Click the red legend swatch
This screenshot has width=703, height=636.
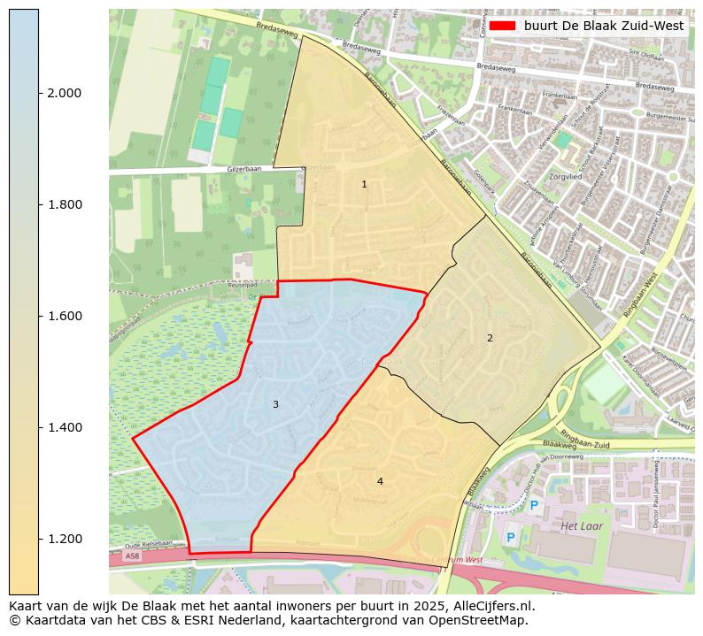point(501,26)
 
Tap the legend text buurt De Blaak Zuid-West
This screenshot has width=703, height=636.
point(603,26)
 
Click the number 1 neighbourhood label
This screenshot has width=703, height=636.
point(364,184)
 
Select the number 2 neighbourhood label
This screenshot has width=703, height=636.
point(490,338)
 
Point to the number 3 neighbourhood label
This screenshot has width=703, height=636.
point(275,404)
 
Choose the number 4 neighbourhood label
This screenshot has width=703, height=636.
point(380,481)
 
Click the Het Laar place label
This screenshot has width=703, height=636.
point(581,526)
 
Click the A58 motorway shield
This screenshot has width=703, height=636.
point(132,556)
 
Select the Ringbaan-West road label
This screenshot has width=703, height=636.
point(640,303)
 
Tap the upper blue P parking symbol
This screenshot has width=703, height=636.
point(534,506)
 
